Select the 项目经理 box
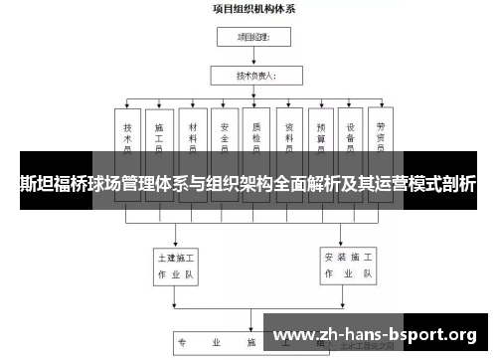(254, 38)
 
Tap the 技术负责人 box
(254, 75)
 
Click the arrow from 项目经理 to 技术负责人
(254, 57)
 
